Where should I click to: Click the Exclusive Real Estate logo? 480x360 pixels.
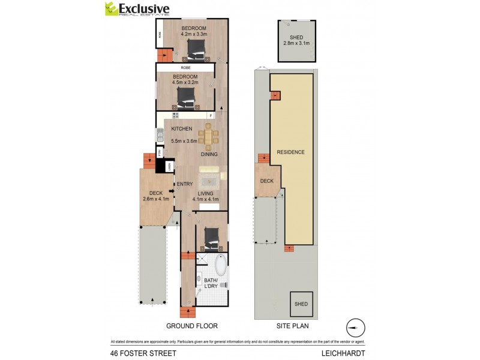pyautogui.click(x=137, y=9)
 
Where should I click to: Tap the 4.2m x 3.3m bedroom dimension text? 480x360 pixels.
pyautogui.click(x=194, y=35)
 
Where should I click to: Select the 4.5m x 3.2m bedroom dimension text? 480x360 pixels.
pyautogui.click(x=185, y=82)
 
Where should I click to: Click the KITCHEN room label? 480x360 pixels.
pyautogui.click(x=181, y=129)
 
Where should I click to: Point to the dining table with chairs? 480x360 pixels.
pyautogui.click(x=208, y=136)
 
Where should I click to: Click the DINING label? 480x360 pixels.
pyautogui.click(x=209, y=154)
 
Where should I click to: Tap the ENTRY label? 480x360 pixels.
pyautogui.click(x=184, y=184)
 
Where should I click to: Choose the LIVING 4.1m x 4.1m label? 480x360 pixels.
pyautogui.click(x=205, y=196)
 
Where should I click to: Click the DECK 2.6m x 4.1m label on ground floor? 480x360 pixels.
pyautogui.click(x=155, y=196)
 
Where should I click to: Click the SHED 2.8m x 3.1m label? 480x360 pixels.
pyautogui.click(x=295, y=40)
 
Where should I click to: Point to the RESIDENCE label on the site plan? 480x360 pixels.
pyautogui.click(x=290, y=152)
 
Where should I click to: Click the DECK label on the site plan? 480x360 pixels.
pyautogui.click(x=266, y=181)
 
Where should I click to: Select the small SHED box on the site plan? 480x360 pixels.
pyautogui.click(x=301, y=304)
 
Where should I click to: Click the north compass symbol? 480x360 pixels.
pyautogui.click(x=355, y=328)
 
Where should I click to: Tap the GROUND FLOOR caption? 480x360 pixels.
pyautogui.click(x=192, y=326)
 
